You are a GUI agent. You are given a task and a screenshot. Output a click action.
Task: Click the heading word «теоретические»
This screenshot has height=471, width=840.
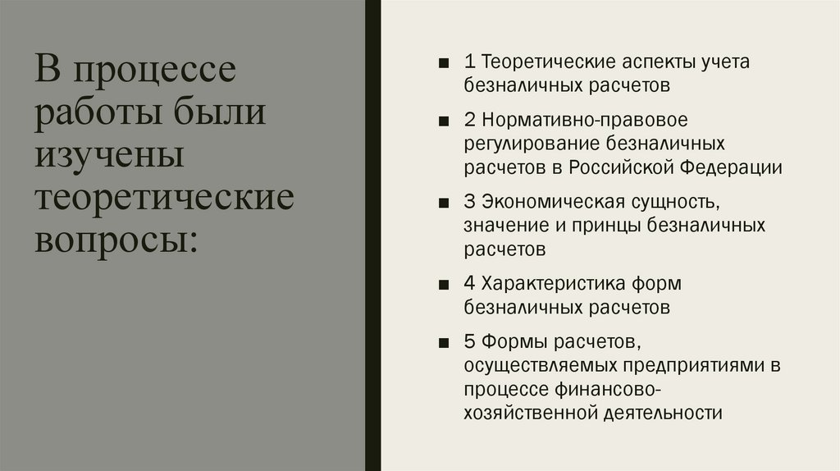(163, 197)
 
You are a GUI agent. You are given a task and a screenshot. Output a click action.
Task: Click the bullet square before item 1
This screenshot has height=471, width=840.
(444, 63)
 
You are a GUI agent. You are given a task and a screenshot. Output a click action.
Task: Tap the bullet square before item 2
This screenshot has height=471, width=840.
(444, 121)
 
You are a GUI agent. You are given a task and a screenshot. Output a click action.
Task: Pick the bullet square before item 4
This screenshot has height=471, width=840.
(444, 285)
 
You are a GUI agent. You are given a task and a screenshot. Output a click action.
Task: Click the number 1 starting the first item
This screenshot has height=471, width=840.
(468, 62)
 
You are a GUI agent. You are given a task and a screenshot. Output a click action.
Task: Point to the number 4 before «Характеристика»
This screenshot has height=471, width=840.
(469, 284)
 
